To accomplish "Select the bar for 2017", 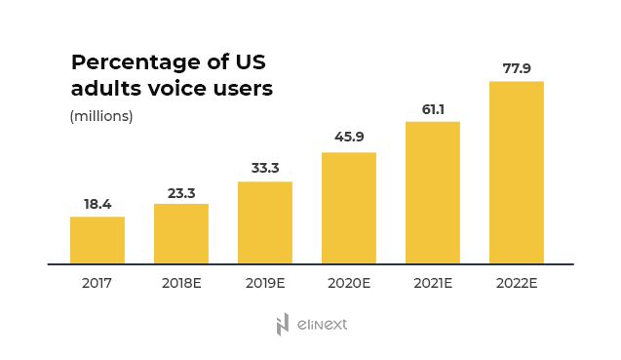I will (x=97, y=240).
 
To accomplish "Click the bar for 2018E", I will (x=181, y=234).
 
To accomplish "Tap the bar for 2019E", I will (x=265, y=222).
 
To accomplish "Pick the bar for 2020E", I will (x=349, y=208).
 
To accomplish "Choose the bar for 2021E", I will (x=433, y=192).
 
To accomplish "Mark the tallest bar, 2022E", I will (x=517, y=173).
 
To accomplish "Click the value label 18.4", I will (x=97, y=205).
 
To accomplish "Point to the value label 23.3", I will (x=181, y=192).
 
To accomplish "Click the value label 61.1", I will (x=433, y=109).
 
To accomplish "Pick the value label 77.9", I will (x=517, y=68).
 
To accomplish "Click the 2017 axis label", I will (x=97, y=284).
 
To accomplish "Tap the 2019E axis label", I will (x=265, y=284).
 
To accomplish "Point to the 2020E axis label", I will (x=349, y=284).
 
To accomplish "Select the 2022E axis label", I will (x=517, y=284).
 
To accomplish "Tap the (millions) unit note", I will (x=101, y=117).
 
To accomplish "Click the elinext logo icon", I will (x=283, y=325).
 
